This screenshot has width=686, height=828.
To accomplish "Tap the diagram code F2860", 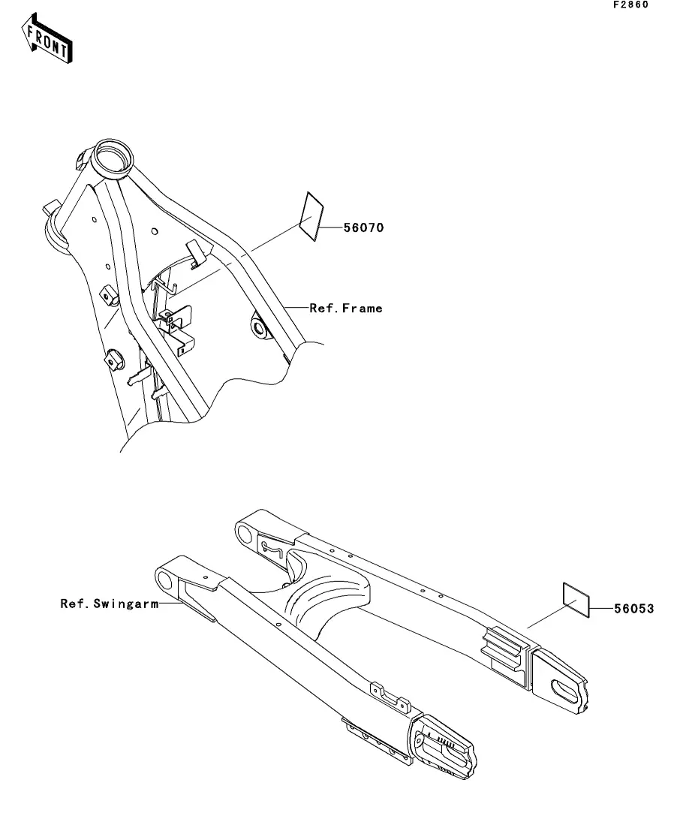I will click(630, 5).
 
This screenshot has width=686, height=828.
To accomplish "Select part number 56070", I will click(363, 227).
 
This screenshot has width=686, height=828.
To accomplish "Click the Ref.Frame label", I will click(346, 308).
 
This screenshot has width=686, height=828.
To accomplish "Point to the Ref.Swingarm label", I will click(109, 604).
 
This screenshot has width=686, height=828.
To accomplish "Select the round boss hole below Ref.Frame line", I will click(258, 327).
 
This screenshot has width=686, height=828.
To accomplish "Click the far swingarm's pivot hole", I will click(245, 534).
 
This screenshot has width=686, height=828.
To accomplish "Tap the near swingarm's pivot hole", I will click(164, 580).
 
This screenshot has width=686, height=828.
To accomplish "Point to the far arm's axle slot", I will click(564, 688).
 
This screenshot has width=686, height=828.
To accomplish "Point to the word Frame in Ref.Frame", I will click(363, 308).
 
